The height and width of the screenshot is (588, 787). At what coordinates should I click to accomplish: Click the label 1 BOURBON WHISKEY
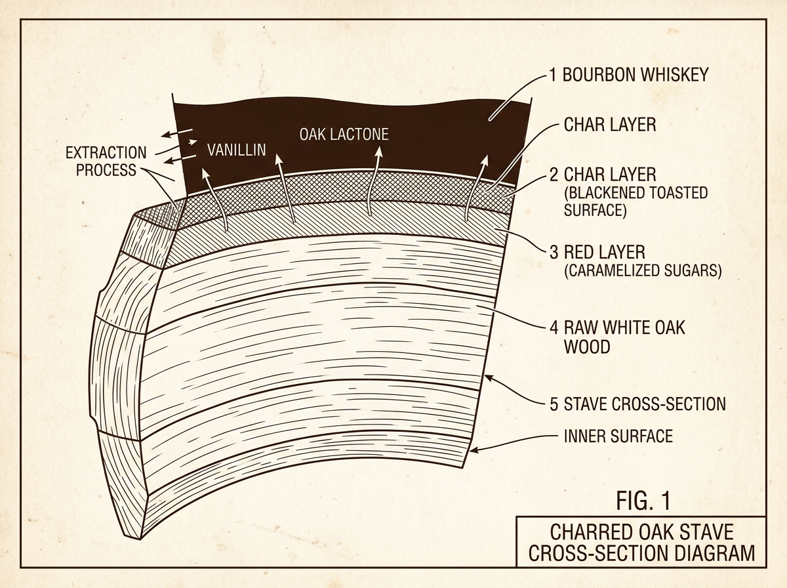pyautogui.click(x=629, y=75)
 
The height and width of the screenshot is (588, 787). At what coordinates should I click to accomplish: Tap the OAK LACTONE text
pyautogui.click(x=344, y=134)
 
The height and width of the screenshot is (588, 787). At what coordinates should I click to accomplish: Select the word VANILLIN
pyautogui.click(x=237, y=150)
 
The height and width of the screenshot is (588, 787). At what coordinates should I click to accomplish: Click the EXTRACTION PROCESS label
pyautogui.click(x=106, y=161)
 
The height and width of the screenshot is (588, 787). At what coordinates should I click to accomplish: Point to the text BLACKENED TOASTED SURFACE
pyautogui.click(x=636, y=201)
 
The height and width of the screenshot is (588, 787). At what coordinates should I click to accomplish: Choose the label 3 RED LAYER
pyautogui.click(x=597, y=252)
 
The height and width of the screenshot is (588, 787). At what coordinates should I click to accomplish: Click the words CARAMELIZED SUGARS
pyautogui.click(x=643, y=270)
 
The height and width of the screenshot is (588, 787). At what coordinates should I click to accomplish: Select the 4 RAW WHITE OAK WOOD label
pyautogui.click(x=617, y=337)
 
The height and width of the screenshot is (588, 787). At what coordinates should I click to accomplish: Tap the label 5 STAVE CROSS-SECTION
pyautogui.click(x=637, y=404)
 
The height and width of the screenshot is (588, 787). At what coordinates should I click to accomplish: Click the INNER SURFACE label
pyautogui.click(x=618, y=436)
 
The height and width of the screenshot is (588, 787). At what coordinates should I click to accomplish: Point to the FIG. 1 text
pyautogui.click(x=643, y=501)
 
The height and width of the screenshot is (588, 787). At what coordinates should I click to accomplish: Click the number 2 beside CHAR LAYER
pyautogui.click(x=554, y=175)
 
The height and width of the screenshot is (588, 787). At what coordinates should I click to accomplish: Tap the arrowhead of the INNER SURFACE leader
pyautogui.click(x=474, y=450)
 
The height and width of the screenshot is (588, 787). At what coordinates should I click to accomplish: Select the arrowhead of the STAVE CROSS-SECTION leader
pyautogui.click(x=489, y=379)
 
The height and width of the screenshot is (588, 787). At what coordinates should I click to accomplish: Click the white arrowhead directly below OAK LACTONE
pyautogui.click(x=379, y=152)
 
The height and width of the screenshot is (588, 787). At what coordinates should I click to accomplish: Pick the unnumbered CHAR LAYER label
pyautogui.click(x=610, y=125)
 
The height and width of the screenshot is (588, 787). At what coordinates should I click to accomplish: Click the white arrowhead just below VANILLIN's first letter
pyautogui.click(x=205, y=174)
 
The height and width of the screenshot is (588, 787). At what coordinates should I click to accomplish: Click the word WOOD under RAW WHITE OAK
pyautogui.click(x=587, y=347)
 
